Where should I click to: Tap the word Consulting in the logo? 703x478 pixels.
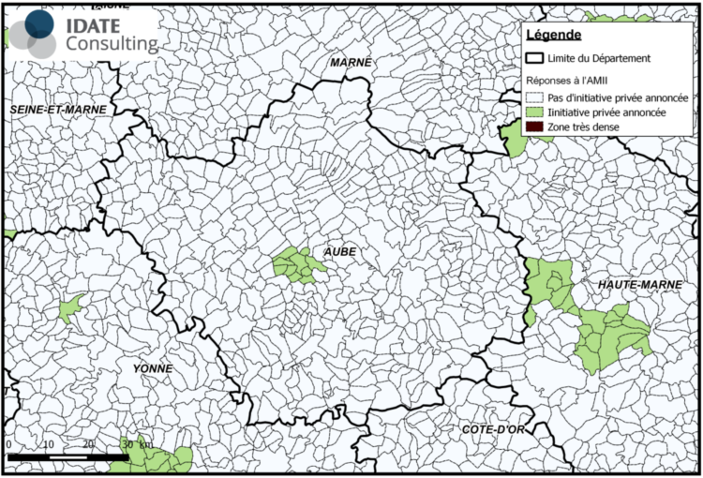[x=112, y=43]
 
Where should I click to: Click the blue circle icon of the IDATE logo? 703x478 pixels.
[x=38, y=23]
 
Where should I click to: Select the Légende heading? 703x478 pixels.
[x=554, y=36]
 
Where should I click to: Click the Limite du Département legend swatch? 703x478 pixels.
[x=535, y=59]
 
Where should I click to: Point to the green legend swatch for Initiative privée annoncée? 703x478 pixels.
[x=535, y=111]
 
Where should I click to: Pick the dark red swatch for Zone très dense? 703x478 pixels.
[x=535, y=126]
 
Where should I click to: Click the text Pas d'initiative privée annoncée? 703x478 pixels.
[x=620, y=97]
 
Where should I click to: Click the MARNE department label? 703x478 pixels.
[x=351, y=62]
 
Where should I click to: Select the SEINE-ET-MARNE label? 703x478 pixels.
[x=58, y=110]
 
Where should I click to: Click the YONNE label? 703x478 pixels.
[x=153, y=368]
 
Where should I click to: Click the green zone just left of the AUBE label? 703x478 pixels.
[x=297, y=265]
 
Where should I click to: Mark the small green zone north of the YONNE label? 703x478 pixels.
[x=70, y=307]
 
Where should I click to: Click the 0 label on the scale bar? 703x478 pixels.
[x=8, y=442]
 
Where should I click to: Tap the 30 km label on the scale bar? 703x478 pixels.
[x=134, y=442]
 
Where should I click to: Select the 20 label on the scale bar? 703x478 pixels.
[x=88, y=442]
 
